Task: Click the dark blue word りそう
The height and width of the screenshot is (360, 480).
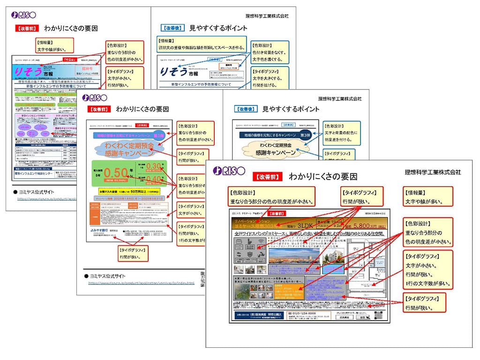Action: [172, 72]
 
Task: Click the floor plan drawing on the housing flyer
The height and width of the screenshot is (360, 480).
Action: [370, 262]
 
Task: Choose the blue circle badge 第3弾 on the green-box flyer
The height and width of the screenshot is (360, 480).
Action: [159, 135]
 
